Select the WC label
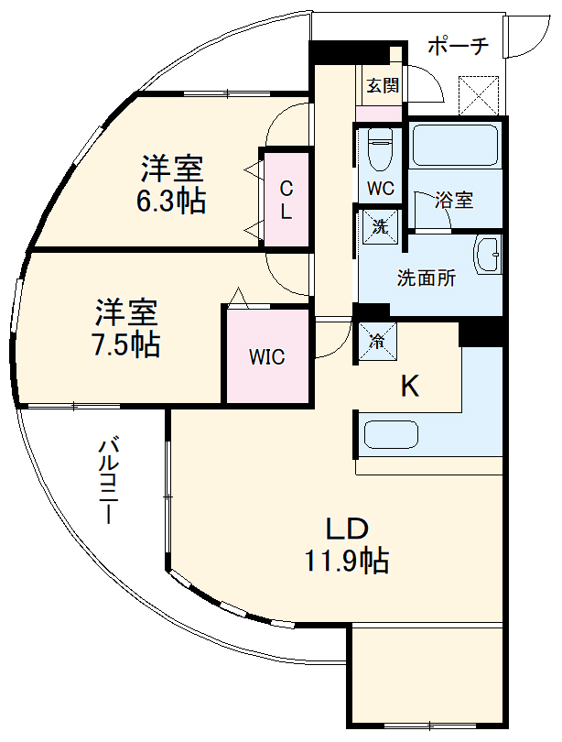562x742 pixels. point(380,190)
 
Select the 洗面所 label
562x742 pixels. point(426,279)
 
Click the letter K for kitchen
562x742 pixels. point(411,387)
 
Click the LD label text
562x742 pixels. point(347,529)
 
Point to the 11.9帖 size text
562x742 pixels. point(347,559)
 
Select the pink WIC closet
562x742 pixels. point(267,355)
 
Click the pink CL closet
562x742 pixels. point(286,200)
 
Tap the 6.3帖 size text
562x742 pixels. point(171,200)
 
